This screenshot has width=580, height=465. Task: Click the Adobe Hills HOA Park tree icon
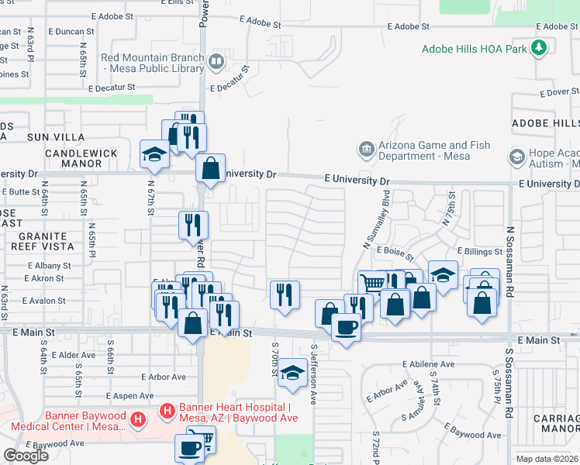539,48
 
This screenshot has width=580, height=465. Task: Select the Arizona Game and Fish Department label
433,150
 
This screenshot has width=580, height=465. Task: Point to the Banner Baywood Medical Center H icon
138,421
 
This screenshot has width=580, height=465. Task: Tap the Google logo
26,456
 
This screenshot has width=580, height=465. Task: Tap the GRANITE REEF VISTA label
36,241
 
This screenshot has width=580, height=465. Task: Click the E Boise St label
395,251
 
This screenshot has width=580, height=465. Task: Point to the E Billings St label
481,251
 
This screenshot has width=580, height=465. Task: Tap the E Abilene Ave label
428,363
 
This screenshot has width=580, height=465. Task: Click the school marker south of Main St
292,372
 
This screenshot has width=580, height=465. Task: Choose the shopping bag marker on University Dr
210,168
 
